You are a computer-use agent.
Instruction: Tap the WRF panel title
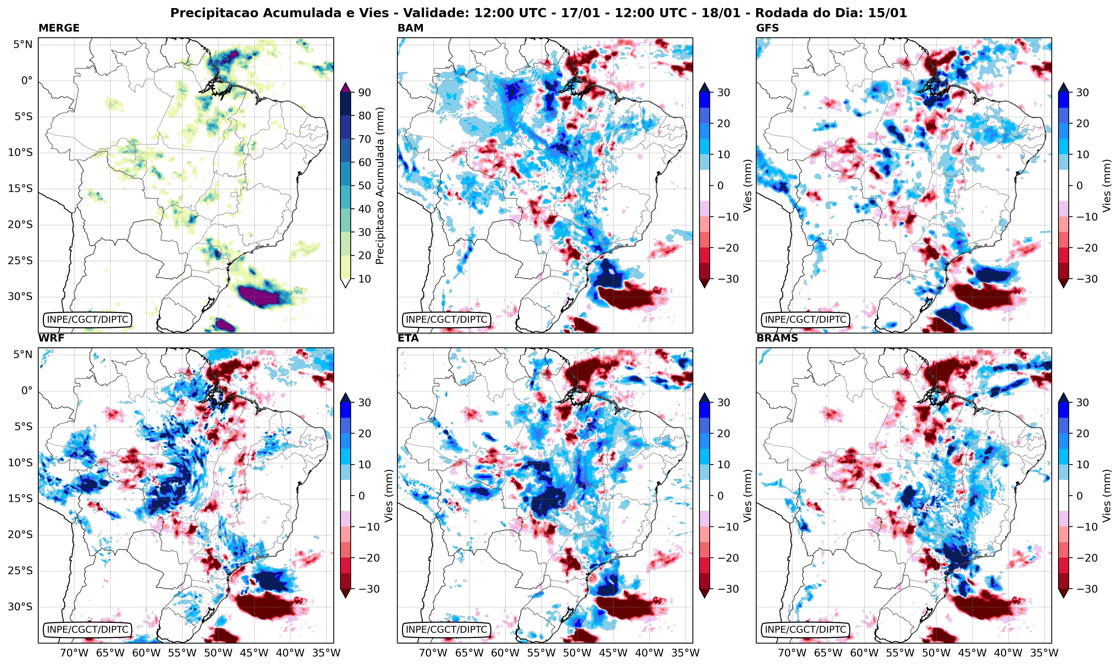[x=51, y=338]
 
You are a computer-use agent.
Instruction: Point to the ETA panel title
[x=408, y=338]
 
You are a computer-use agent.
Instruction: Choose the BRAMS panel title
[x=777, y=338]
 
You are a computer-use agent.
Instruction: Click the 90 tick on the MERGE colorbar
[x=364, y=92]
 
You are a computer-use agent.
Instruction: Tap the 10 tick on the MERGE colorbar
[x=364, y=279]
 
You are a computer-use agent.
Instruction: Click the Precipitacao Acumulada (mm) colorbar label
[x=380, y=186]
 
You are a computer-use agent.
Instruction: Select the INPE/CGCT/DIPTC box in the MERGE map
[x=88, y=320]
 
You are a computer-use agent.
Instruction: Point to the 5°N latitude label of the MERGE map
[x=22, y=44]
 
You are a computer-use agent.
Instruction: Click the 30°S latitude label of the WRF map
[x=20, y=607]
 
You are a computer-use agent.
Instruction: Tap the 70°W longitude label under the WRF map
[x=74, y=653]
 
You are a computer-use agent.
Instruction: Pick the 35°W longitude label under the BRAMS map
[x=1044, y=653]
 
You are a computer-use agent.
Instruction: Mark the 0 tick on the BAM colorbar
[x=720, y=185]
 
